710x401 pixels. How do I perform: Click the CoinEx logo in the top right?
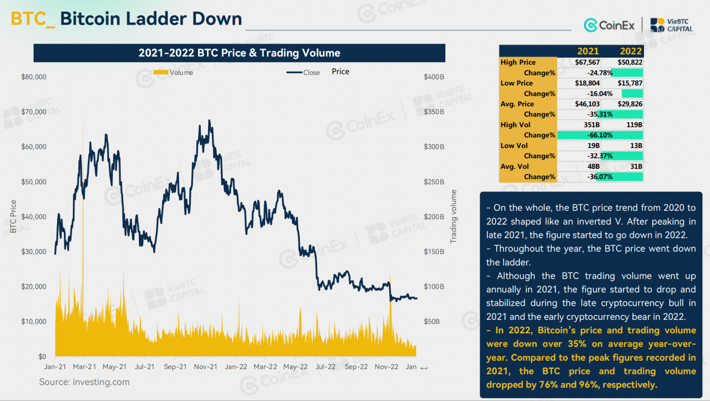coord(609,25)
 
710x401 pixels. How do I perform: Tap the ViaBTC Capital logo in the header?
coord(671,25)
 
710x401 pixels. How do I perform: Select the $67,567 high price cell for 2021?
coord(587,62)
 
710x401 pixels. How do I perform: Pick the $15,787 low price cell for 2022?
coord(629,83)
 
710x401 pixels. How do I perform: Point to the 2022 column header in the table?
coord(631,51)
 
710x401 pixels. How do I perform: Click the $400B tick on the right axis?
coord(434,77)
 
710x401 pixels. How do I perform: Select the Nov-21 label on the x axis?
coord(205,367)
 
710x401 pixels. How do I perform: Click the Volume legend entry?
coord(173,73)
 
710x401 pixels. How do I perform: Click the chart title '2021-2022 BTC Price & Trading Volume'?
coord(239,53)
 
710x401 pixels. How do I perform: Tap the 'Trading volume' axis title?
coord(454,216)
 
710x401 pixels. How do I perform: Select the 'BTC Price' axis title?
coord(13,216)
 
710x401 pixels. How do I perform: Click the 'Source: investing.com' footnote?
coord(84,382)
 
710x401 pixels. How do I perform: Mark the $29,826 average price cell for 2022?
coord(629,104)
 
